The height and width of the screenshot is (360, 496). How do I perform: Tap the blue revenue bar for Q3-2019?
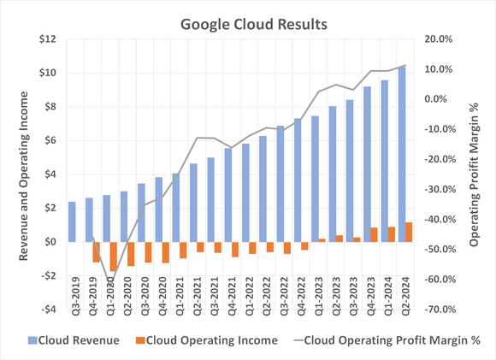(x=73, y=221)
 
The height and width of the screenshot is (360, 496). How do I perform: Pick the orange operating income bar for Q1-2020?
(x=114, y=257)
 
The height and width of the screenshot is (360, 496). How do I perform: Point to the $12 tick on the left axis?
(x=47, y=39)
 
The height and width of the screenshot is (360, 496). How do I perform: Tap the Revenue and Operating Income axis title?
(x=25, y=176)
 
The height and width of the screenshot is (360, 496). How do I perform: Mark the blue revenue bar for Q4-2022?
(x=296, y=180)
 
